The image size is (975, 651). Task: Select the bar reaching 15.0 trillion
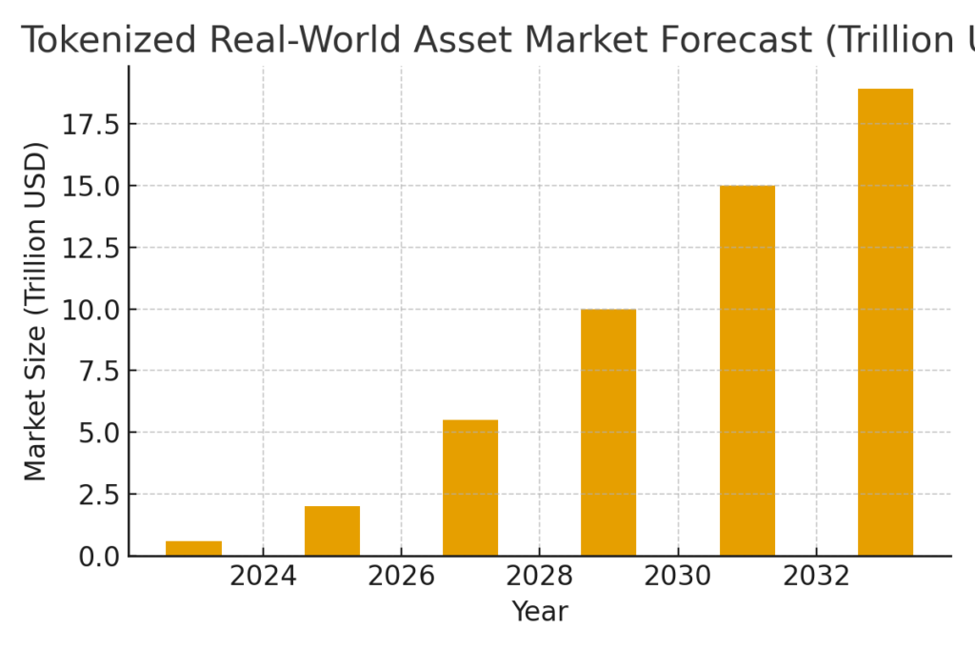tap(746, 371)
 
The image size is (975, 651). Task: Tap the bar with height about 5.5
tap(470, 488)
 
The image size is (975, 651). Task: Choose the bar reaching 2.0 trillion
tap(332, 531)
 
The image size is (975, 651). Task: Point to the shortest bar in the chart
tap(193, 548)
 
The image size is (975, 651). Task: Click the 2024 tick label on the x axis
tap(263, 577)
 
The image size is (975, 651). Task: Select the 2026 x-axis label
tap(401, 577)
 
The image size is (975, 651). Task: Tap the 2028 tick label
tap(539, 577)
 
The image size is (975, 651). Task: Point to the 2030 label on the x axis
tap(677, 577)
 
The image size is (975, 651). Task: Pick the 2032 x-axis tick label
tap(816, 577)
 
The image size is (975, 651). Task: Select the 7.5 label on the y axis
tap(99, 371)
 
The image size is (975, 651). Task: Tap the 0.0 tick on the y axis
tap(99, 556)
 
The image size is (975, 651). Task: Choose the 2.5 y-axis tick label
tap(99, 494)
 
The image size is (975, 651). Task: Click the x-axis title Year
tap(540, 612)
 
